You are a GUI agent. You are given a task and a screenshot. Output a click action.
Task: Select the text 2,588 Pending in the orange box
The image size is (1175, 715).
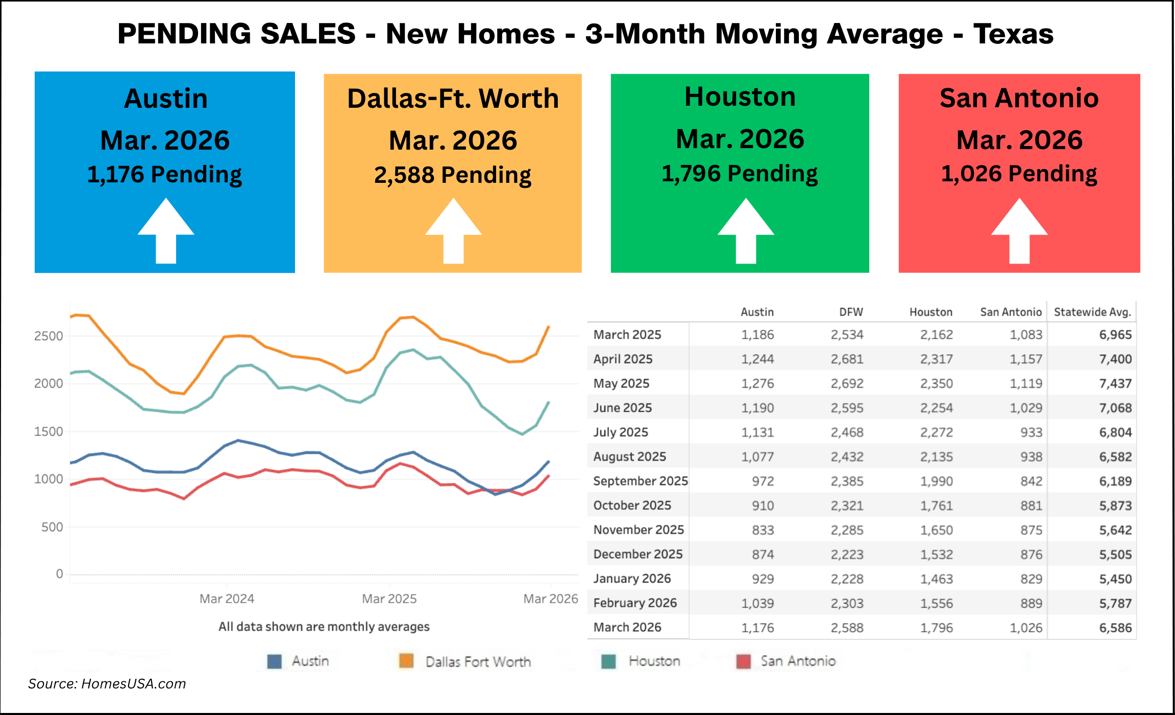(453, 175)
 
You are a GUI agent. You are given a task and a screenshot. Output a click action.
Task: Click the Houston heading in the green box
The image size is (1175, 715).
(740, 97)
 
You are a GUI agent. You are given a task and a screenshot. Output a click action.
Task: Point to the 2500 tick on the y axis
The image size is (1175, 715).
(48, 336)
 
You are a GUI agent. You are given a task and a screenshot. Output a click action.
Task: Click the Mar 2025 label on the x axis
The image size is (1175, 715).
(389, 599)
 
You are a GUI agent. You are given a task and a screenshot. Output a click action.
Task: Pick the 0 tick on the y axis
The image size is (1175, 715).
(59, 574)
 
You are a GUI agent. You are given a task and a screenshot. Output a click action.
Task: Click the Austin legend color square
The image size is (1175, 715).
(275, 661)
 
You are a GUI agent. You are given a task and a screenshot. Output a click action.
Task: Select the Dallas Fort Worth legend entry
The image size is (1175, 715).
(478, 662)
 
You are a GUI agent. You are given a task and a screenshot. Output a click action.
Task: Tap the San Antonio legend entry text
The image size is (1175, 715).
(798, 661)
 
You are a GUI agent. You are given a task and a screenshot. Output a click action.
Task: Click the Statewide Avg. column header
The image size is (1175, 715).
(1092, 312)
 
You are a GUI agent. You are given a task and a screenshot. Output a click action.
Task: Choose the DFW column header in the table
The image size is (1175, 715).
(851, 312)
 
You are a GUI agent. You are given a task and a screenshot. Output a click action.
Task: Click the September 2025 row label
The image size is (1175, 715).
(640, 481)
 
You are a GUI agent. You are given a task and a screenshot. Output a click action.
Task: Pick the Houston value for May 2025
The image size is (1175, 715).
(936, 384)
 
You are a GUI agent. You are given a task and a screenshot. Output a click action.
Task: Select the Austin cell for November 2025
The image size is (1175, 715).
(763, 530)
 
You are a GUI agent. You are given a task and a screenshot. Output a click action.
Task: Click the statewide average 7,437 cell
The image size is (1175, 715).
(1115, 384)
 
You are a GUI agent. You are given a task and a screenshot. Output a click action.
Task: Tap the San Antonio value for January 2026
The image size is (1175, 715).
(1031, 579)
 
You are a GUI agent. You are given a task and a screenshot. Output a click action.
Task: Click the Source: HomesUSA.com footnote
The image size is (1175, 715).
(107, 684)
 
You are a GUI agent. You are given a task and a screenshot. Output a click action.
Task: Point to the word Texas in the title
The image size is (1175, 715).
(1013, 34)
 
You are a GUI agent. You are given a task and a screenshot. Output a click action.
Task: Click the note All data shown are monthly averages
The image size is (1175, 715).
(324, 627)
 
